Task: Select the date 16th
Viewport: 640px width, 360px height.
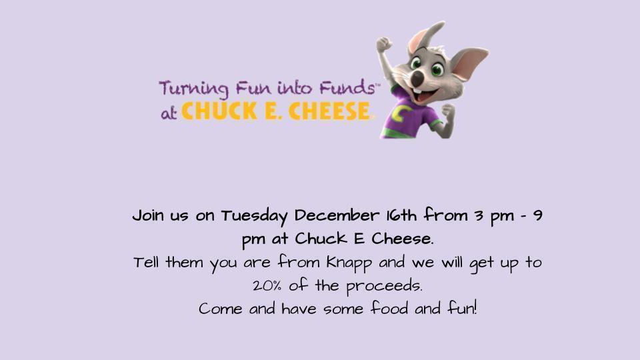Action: click(401, 217)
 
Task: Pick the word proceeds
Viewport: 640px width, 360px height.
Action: click(389, 287)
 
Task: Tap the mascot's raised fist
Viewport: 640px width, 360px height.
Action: click(383, 45)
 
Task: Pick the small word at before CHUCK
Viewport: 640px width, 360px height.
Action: click(169, 113)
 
